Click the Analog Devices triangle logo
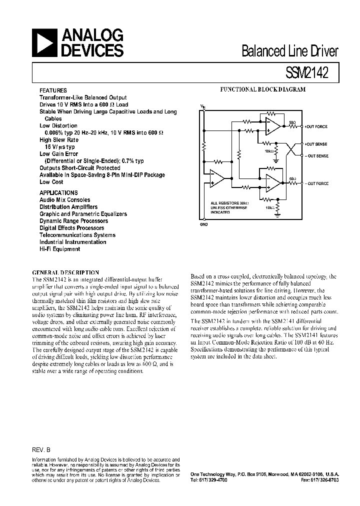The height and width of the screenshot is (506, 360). click(44, 42)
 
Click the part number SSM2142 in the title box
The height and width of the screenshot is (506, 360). click(306, 72)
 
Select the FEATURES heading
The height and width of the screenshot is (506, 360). click(53, 90)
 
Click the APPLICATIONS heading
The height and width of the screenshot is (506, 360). click(58, 192)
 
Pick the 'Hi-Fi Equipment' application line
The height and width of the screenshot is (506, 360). click(60, 248)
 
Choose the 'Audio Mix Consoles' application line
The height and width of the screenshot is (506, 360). click(65, 199)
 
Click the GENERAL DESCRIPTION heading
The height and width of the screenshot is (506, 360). click(65, 272)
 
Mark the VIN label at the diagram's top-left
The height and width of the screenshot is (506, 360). click(202, 107)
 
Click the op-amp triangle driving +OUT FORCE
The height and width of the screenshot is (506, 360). click(273, 126)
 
